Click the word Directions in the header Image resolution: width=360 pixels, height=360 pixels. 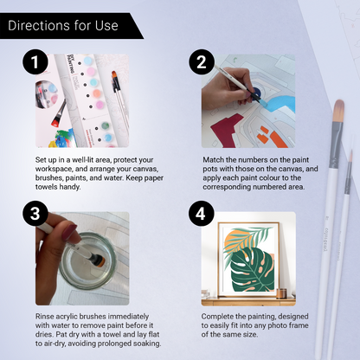click(41, 25)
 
